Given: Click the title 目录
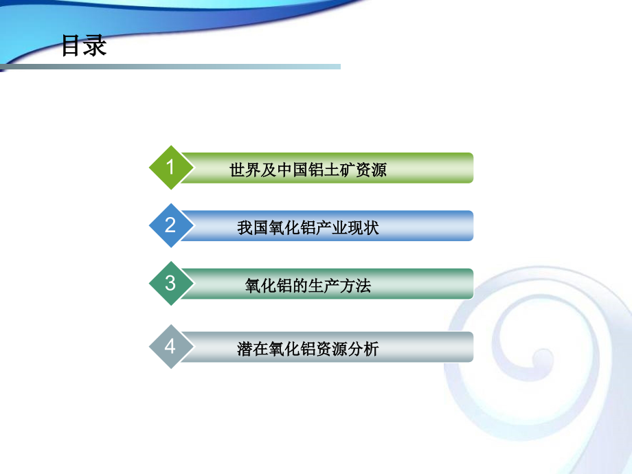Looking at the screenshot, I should pyautogui.click(x=84, y=45).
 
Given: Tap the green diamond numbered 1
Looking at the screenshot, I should pyautogui.click(x=170, y=168).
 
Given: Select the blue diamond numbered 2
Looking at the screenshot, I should pyautogui.click(x=170, y=225).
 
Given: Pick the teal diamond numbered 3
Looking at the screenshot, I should pyautogui.click(x=170, y=283).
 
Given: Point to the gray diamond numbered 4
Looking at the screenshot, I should pyautogui.click(x=170, y=347).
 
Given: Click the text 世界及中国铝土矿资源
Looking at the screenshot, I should pyautogui.click(x=308, y=170).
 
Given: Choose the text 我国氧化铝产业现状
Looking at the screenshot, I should pyautogui.click(x=308, y=227).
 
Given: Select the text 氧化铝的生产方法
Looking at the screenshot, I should pyautogui.click(x=308, y=285).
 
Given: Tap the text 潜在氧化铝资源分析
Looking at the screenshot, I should pyautogui.click(x=308, y=349).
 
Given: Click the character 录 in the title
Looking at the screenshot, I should pyautogui.click(x=95, y=45).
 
